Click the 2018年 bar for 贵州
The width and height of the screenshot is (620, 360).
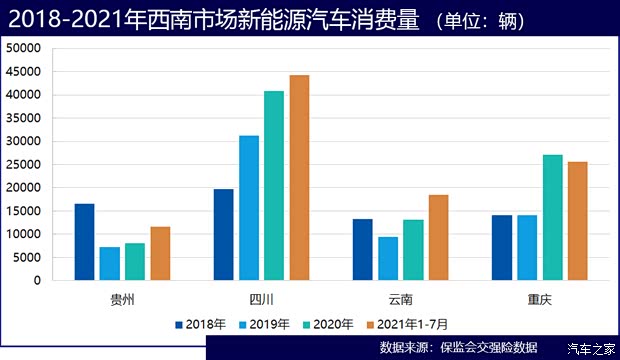[x=84, y=242]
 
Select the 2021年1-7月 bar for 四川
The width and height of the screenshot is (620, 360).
[x=299, y=178]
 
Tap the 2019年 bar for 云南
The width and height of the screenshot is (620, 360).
[x=387, y=258]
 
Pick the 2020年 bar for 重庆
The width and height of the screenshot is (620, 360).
[x=552, y=217]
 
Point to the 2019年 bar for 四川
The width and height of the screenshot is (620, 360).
[x=248, y=208]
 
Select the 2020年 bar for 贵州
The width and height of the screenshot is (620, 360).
[x=135, y=261]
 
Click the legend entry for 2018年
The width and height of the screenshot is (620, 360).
[x=200, y=324]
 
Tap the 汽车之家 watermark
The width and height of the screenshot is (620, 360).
[x=589, y=348]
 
